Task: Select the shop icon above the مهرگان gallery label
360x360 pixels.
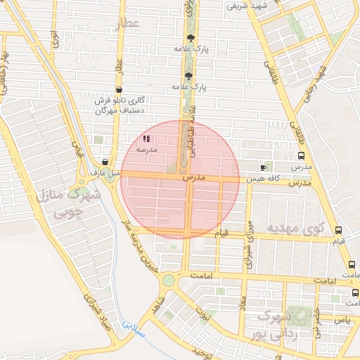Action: pos(120,89)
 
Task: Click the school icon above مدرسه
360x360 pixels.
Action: pos(146,139)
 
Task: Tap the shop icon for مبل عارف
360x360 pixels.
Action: pos(105,162)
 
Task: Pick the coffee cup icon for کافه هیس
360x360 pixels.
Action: pos(264,168)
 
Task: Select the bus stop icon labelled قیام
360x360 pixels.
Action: pos(339,230)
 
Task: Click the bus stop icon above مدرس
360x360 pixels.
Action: pos(301,156)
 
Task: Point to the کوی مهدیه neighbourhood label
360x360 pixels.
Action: pos(295,229)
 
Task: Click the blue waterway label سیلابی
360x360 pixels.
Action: pos(131,326)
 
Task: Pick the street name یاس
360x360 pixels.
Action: pos(342,319)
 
